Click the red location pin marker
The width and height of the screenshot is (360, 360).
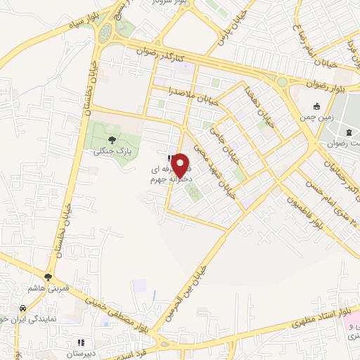[x=181, y=165]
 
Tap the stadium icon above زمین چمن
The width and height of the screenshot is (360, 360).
[x=317, y=107]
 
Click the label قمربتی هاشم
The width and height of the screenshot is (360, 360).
[x=48, y=288]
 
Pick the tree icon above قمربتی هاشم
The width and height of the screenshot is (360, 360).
[x=48, y=278]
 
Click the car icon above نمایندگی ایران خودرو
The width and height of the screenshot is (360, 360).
[x=23, y=309]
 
